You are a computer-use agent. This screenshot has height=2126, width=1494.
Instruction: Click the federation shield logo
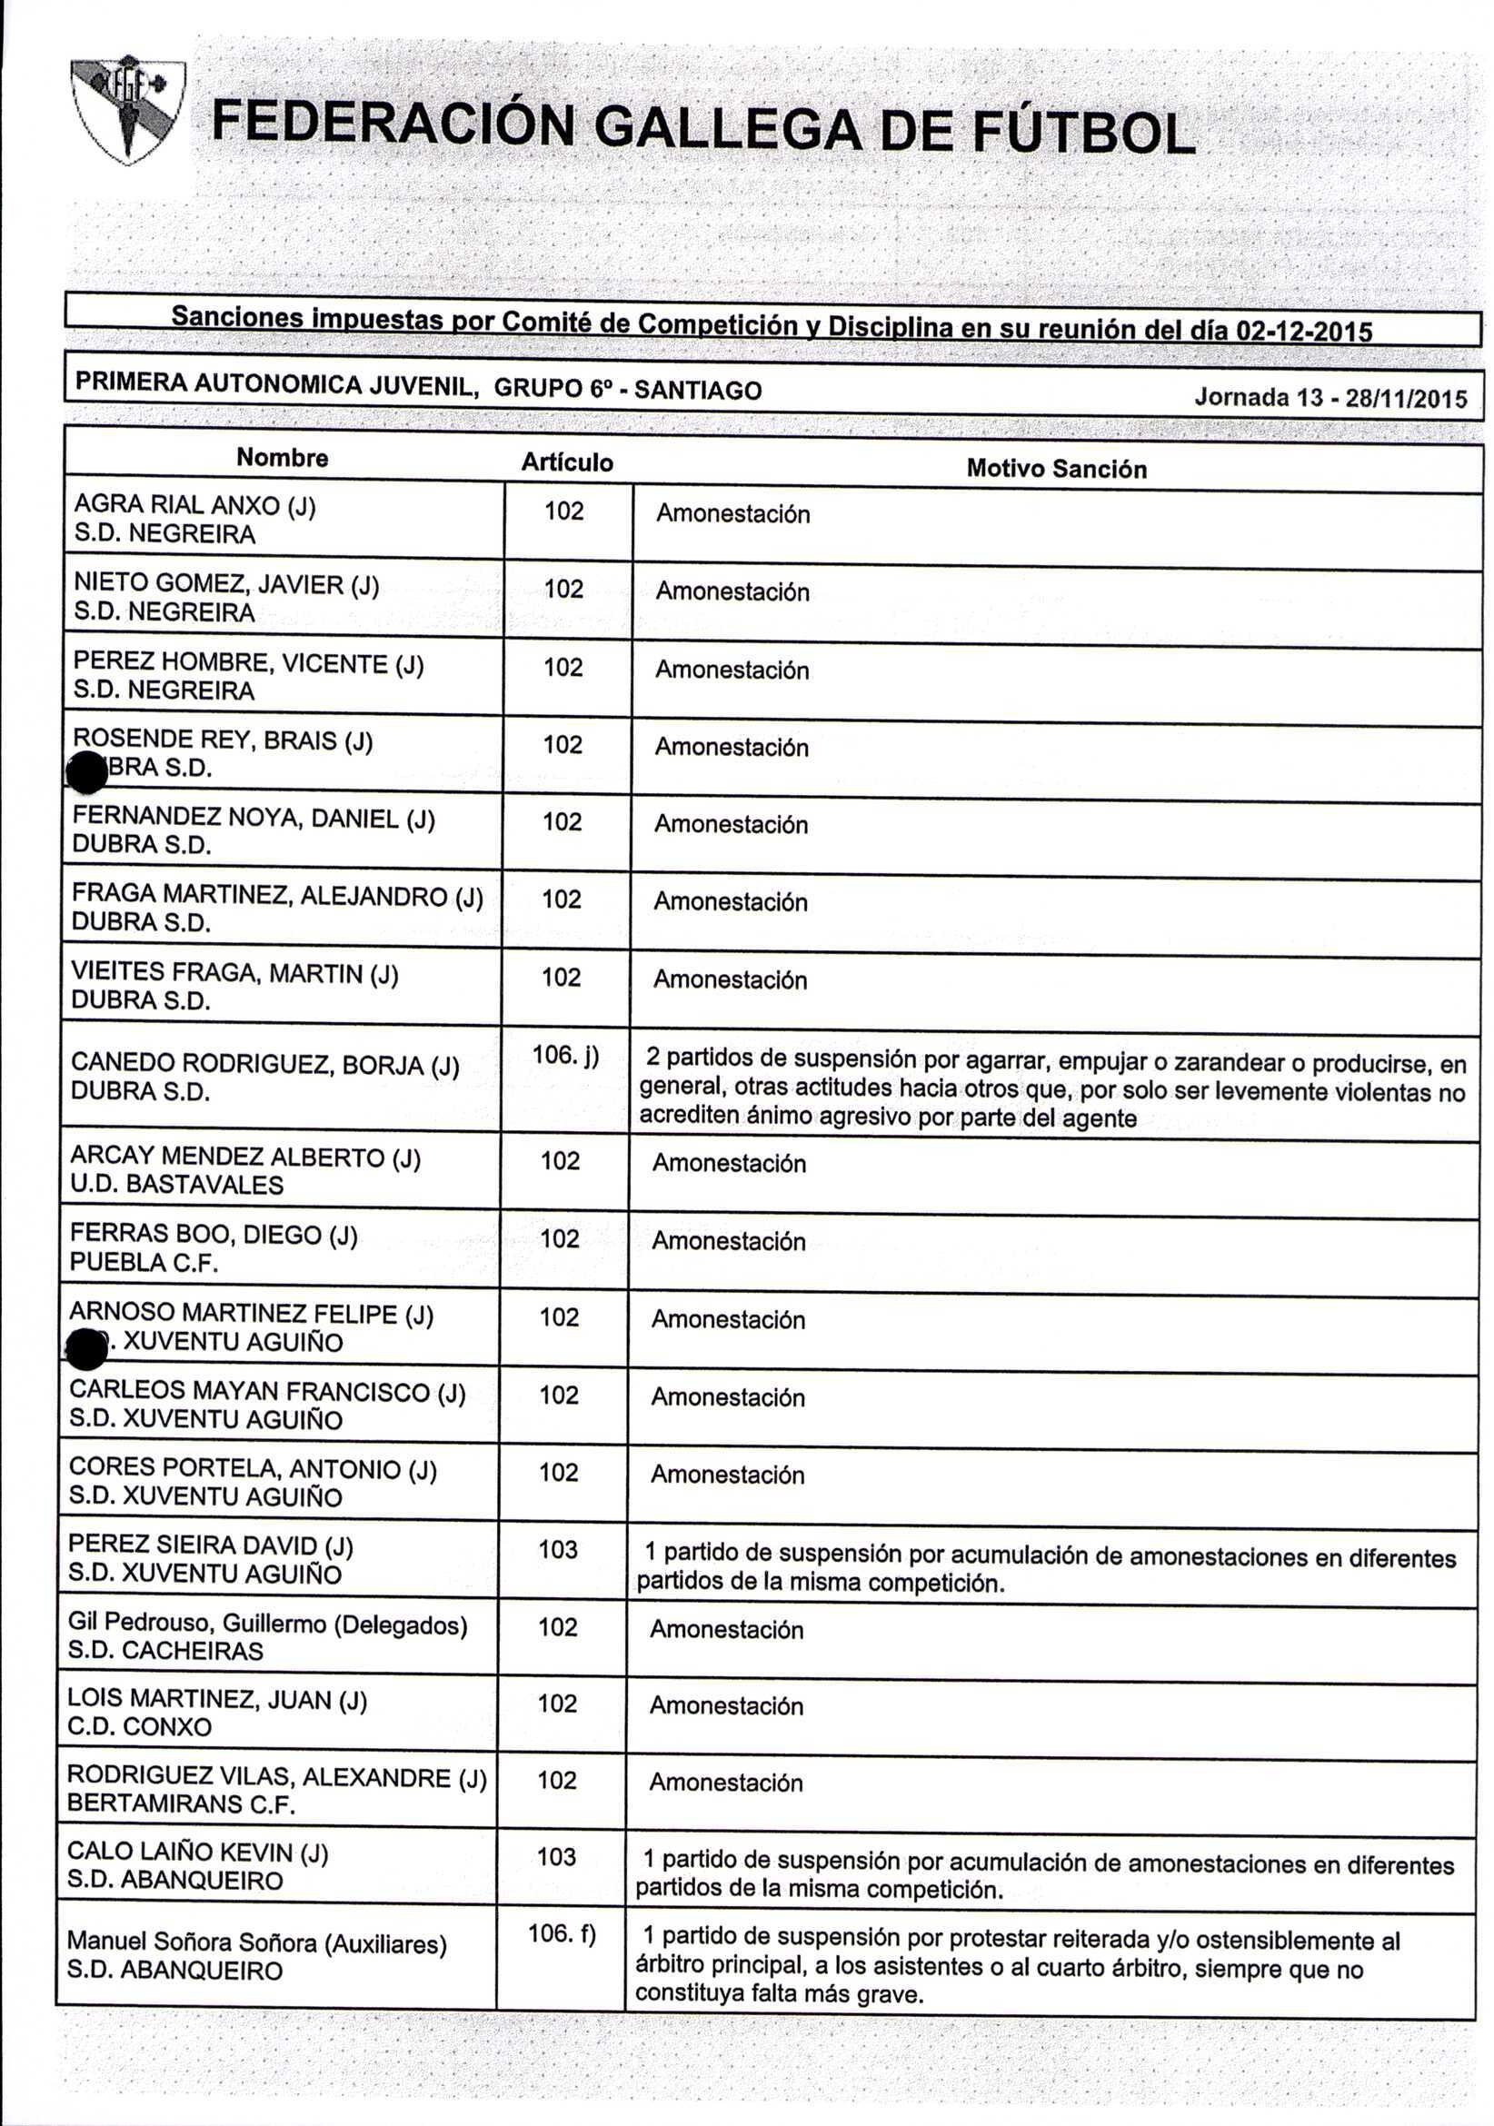coord(129,109)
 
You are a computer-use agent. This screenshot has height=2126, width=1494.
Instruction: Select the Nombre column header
coord(282,457)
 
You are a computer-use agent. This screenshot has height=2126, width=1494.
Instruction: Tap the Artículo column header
coord(566,462)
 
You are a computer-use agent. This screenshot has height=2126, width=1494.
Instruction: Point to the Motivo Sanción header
coord(1056,469)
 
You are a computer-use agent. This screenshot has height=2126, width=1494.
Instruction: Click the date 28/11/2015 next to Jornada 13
coord(1406,399)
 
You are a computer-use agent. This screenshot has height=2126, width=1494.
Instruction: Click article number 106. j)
coord(565,1055)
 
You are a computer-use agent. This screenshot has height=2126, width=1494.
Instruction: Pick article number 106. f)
coord(562,1932)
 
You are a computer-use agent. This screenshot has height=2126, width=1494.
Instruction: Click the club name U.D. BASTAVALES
coord(177,1185)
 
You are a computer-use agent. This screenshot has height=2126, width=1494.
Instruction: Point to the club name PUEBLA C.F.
coord(144,1262)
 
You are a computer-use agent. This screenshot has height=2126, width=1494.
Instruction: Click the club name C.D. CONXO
coord(139,1726)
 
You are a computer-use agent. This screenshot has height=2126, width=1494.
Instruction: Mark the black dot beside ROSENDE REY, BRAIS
coord(88,773)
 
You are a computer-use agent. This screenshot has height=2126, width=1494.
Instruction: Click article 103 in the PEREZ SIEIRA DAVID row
coord(558,1549)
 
